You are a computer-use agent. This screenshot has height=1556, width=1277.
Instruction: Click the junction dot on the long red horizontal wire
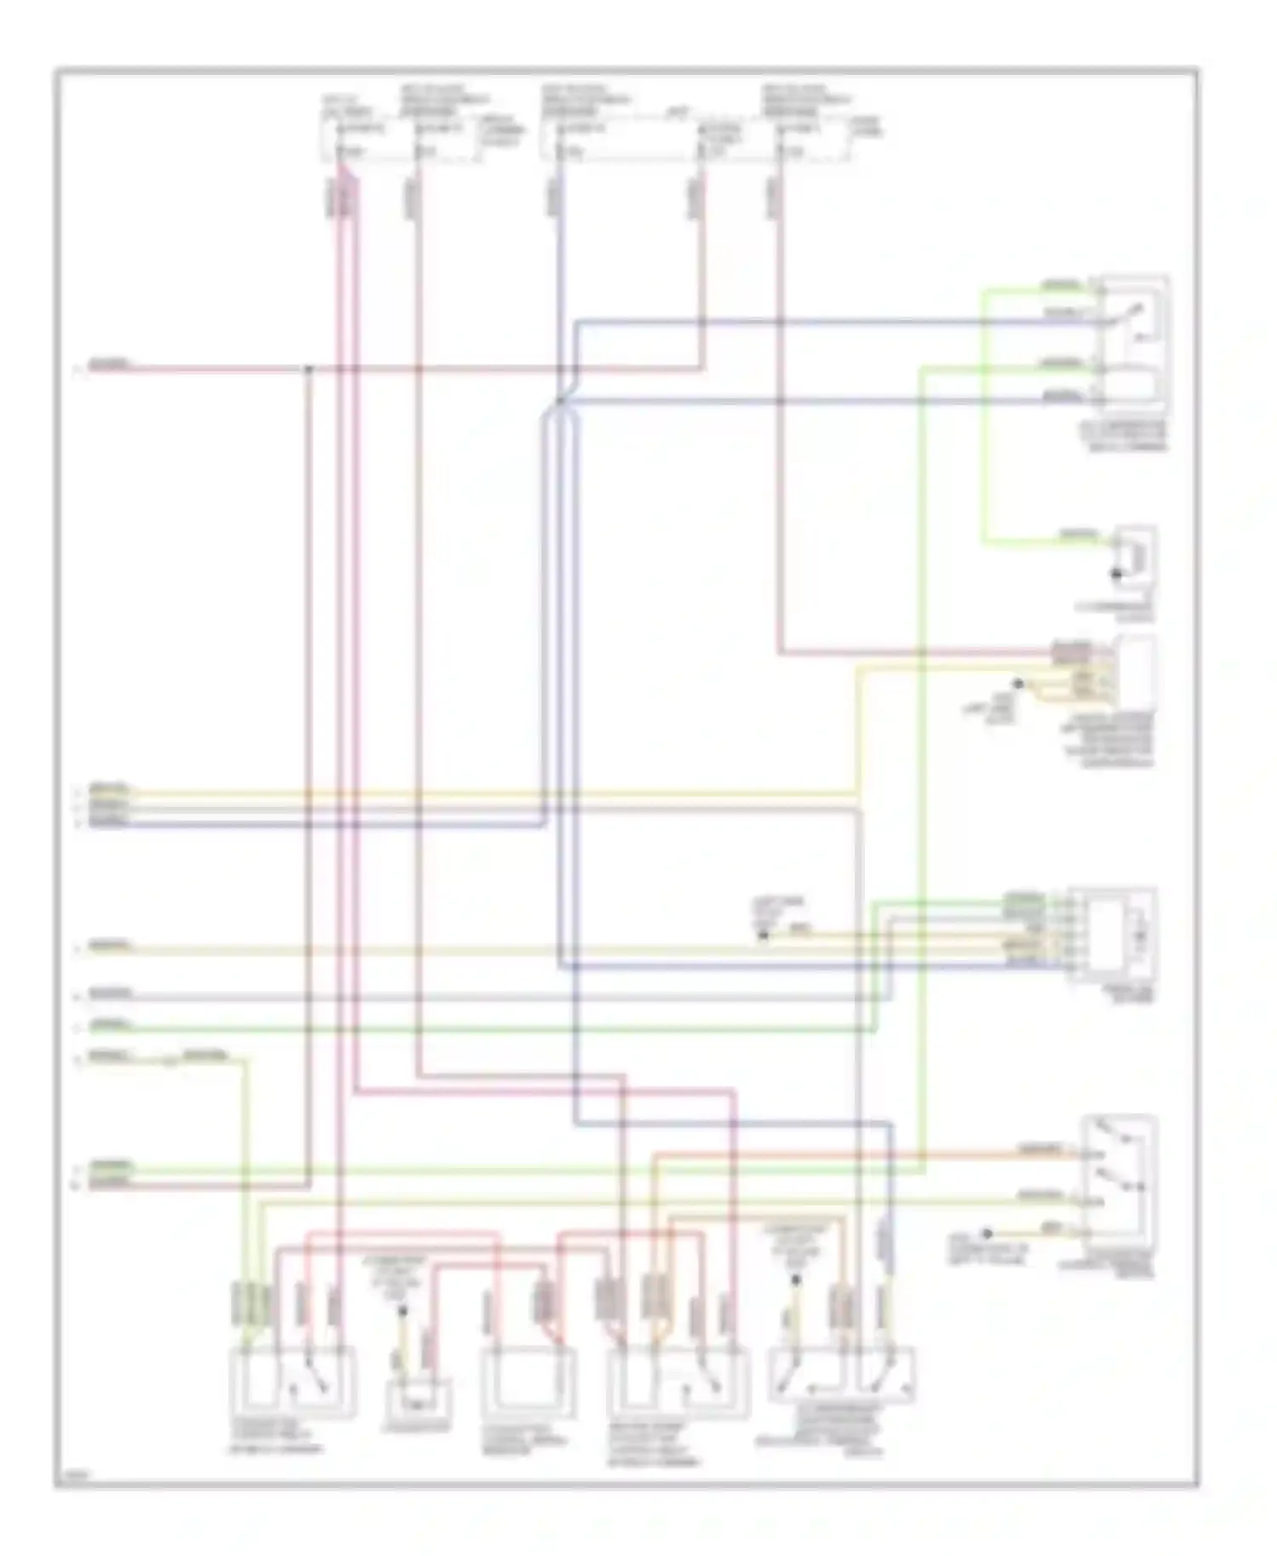309,369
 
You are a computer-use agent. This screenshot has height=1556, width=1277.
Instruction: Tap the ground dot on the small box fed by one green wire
1117,575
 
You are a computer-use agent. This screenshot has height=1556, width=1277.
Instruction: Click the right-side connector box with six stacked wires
1111,934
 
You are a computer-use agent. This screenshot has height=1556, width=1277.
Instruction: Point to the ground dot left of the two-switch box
987,1233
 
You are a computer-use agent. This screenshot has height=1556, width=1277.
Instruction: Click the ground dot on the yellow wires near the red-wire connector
1017,684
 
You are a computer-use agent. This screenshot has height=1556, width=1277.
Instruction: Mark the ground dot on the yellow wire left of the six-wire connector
764,935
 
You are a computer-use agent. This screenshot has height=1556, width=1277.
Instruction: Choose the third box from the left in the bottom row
527,1382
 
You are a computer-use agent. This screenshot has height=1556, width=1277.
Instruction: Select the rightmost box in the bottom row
841,1373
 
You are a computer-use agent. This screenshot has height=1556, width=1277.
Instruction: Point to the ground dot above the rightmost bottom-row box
796,1279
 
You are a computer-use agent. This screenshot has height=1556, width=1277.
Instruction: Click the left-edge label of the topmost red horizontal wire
110,365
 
